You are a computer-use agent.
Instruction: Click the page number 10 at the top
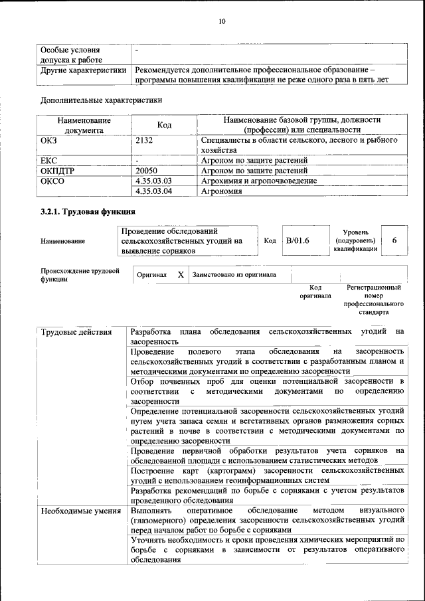coord(222,22)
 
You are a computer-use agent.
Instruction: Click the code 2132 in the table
coord(144,140)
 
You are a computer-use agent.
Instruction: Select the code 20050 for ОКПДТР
coord(146,170)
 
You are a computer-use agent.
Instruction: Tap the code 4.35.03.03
coord(153,181)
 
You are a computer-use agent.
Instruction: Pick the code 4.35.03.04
coord(153,191)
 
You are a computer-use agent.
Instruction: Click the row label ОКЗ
coord(50,140)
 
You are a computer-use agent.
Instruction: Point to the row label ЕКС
coord(49,160)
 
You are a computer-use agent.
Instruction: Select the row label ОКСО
coord(52,181)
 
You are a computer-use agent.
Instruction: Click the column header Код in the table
coord(165,125)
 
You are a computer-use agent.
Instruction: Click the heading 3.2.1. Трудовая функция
coord(88,212)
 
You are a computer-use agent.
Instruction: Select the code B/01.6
coord(298,240)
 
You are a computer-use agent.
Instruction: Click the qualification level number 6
coord(395,240)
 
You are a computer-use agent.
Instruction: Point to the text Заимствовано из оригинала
coord(234,274)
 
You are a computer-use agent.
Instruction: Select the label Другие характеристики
coord(83,70)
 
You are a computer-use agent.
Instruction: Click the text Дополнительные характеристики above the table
coord(101,100)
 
